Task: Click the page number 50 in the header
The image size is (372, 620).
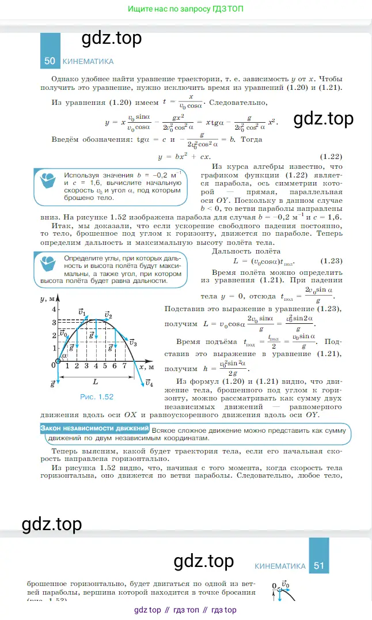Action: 50,61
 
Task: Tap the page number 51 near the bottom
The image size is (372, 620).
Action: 319,566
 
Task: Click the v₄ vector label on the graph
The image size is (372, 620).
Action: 149,383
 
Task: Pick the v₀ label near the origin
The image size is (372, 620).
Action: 63,333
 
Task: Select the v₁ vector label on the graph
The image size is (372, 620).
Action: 81,311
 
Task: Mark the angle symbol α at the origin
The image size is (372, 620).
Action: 63,357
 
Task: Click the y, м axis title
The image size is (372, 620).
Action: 47,299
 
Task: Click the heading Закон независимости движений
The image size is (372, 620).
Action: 94,429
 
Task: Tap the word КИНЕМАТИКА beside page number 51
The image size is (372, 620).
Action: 280,566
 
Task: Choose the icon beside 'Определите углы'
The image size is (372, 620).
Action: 48,264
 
